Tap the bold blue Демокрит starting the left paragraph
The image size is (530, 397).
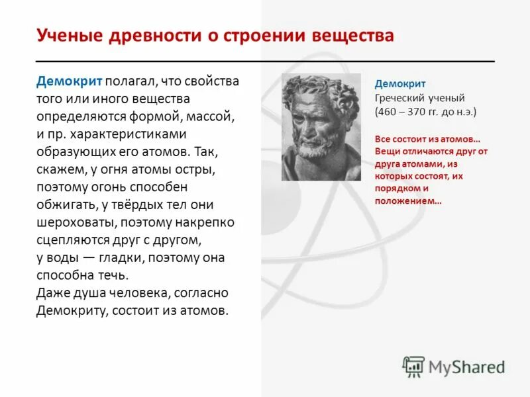[x=69, y=81]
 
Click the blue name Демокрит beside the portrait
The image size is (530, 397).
[x=400, y=84]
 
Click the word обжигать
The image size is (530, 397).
[x=68, y=204]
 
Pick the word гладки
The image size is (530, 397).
[x=117, y=257]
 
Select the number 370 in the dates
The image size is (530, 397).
[x=416, y=112]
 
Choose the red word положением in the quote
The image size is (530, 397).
[x=405, y=200]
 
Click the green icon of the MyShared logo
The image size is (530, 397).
[x=413, y=366]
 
